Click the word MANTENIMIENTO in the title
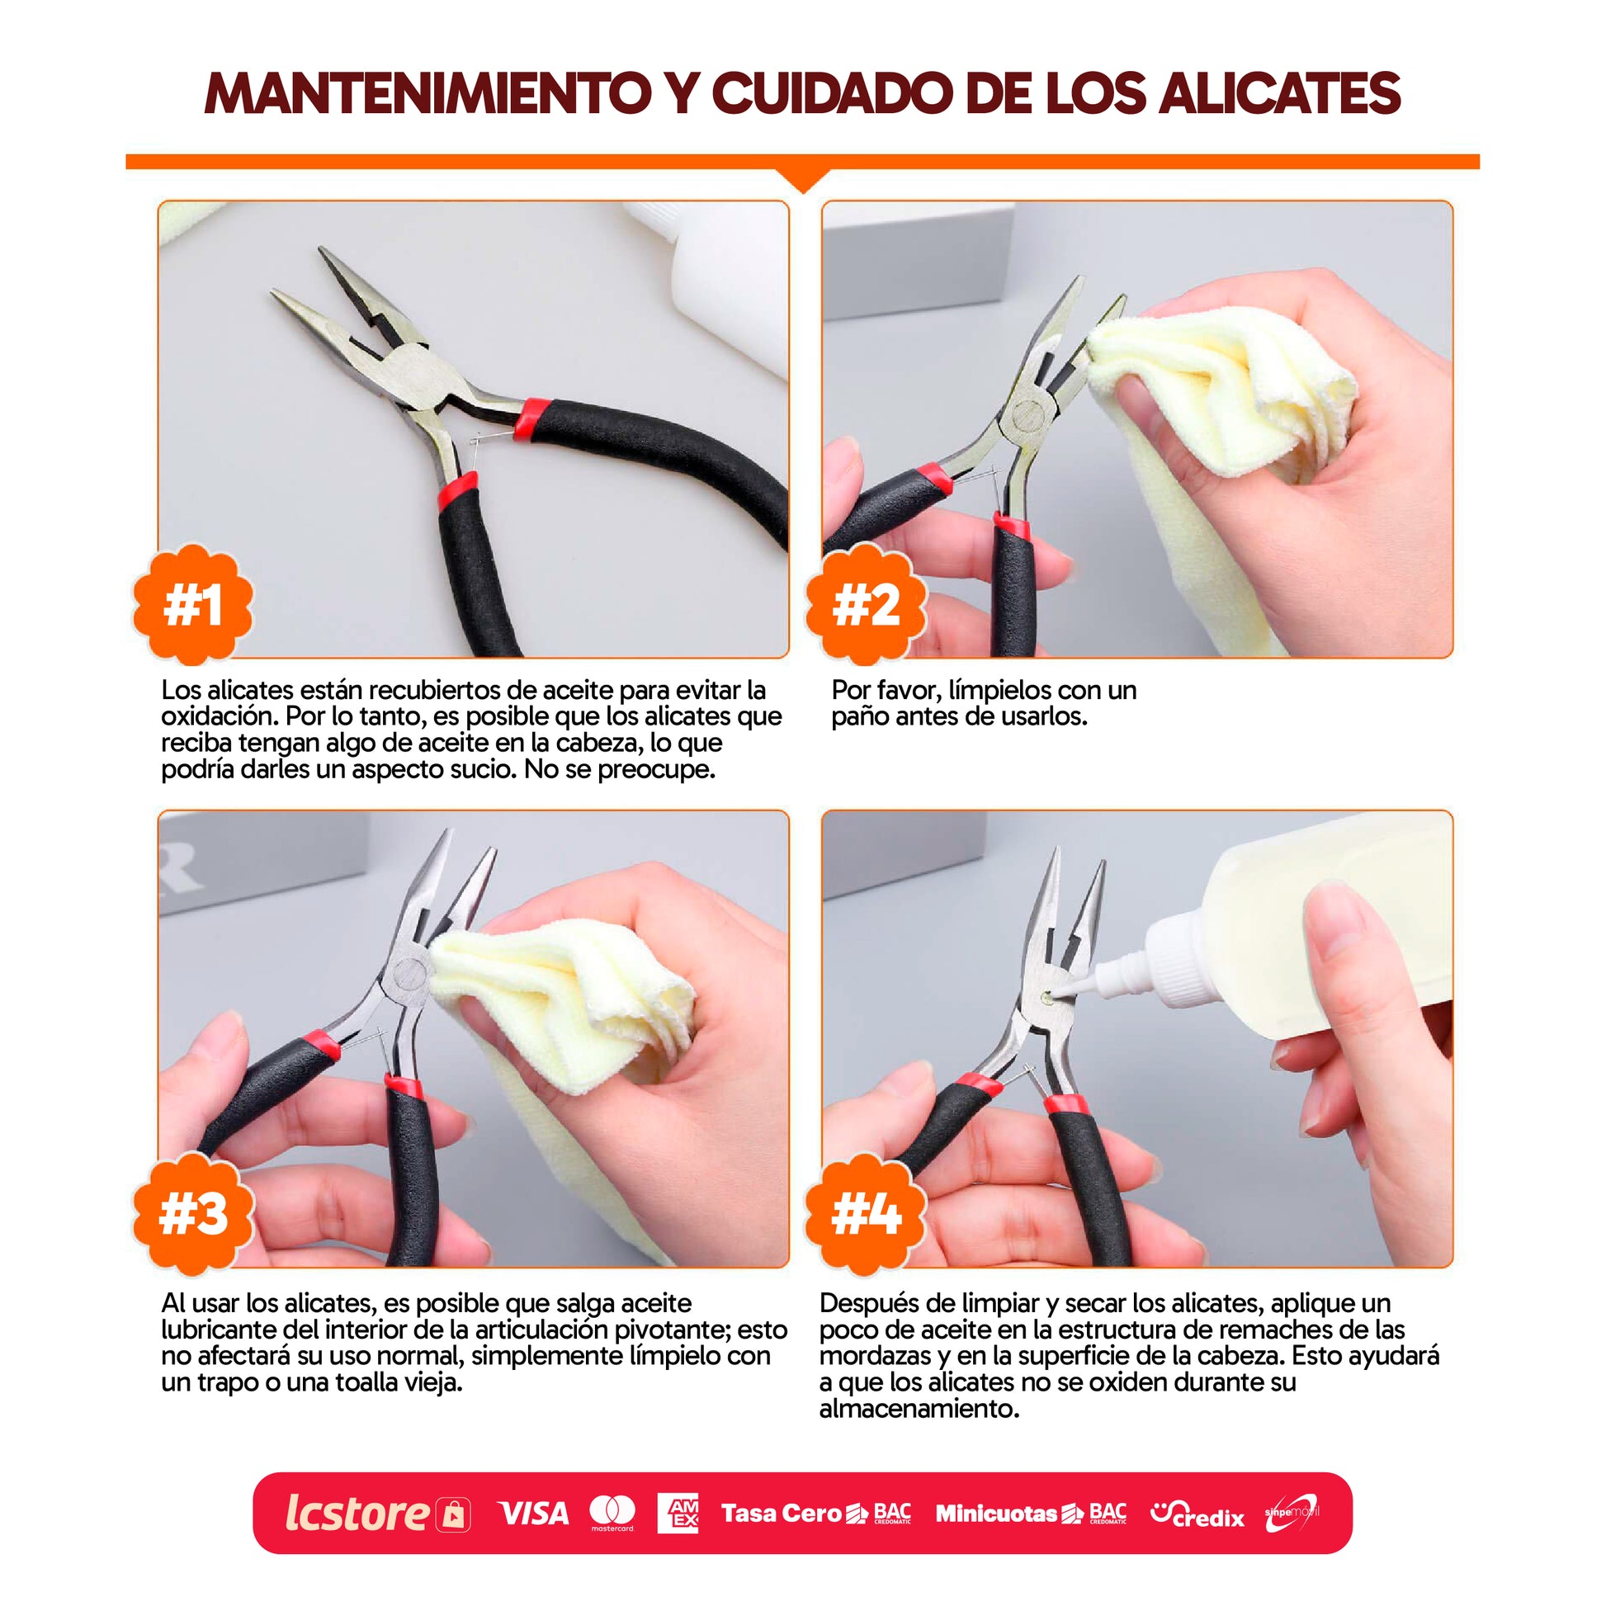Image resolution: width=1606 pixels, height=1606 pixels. coord(427,93)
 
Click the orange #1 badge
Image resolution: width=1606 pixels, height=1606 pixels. coord(193,605)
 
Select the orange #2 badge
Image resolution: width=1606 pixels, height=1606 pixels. coord(866,605)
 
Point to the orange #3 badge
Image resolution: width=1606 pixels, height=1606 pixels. coord(193,1214)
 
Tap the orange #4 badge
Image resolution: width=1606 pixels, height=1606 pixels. coord(866,1214)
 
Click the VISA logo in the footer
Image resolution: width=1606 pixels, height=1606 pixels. coord(533,1514)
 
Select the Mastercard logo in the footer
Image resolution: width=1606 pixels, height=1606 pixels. coord(612,1514)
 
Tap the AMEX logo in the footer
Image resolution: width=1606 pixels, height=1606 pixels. coord(678,1513)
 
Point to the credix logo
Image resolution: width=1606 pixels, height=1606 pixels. coord(1197,1514)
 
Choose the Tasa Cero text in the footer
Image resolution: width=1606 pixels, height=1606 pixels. coord(782,1513)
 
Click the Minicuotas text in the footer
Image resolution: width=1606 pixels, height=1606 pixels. coord(997,1513)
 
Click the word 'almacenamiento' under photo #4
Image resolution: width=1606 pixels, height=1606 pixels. coord(919,1409)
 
